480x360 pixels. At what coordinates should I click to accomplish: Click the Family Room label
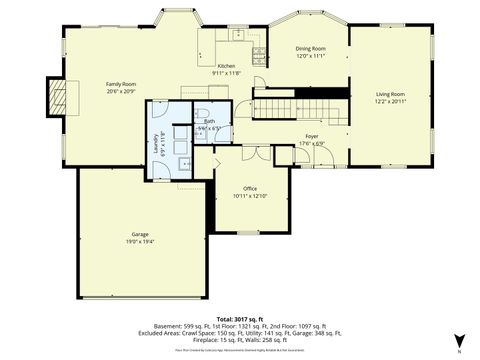point(121,84)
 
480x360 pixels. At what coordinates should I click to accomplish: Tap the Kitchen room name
point(227,66)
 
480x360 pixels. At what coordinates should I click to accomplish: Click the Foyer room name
point(312,135)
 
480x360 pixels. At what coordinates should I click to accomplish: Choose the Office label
point(251,188)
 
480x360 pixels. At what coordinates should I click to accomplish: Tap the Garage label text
point(139,234)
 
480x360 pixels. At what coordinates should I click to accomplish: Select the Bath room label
point(209,121)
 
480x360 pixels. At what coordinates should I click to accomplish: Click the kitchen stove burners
point(259,52)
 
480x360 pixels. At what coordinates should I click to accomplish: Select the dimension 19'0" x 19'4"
point(139,241)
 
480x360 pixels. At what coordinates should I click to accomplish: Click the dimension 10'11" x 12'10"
point(251,195)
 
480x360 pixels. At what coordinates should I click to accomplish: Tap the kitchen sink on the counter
point(239,35)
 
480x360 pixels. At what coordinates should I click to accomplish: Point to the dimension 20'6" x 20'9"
point(121,91)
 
